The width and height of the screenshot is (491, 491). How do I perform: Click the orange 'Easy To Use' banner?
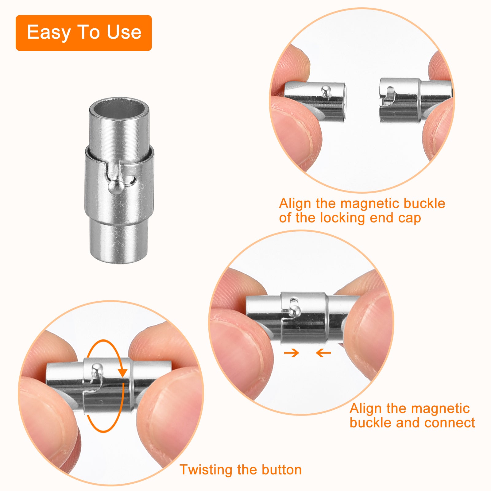click(x=83, y=33)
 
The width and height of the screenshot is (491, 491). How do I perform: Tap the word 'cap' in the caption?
click(x=409, y=218)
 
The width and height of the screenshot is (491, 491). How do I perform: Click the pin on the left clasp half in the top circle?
click(x=326, y=91)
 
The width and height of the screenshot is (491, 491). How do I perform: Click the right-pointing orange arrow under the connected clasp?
click(x=291, y=353)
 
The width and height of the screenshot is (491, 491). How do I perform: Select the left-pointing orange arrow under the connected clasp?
click(x=323, y=353)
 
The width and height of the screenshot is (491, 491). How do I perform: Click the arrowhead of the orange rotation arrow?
click(x=123, y=372)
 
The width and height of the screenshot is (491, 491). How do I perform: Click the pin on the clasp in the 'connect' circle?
click(x=295, y=311)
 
